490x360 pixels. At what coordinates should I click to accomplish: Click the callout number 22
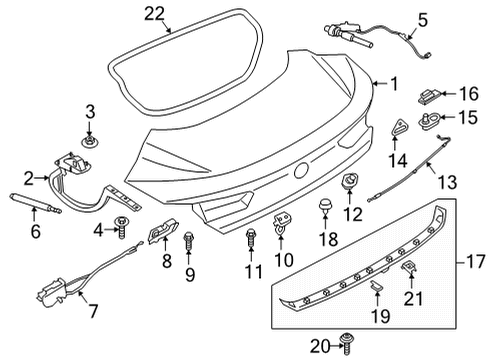(154, 14)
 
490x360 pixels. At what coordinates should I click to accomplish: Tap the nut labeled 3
(89, 142)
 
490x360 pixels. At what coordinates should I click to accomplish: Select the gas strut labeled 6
(36, 203)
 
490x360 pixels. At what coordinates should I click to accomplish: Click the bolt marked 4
(121, 227)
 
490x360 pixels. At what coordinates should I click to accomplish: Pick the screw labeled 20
(347, 344)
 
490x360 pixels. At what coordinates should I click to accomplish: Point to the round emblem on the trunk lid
(301, 170)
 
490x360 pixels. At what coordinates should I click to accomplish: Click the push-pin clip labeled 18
(325, 205)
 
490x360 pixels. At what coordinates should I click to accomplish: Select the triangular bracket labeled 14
(399, 127)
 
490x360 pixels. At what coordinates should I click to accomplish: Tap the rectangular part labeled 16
(430, 96)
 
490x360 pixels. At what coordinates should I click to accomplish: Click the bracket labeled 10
(282, 223)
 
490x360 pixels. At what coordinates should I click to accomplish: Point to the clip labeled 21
(410, 266)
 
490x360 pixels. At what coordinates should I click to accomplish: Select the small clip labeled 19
(377, 285)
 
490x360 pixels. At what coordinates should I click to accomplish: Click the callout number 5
(422, 20)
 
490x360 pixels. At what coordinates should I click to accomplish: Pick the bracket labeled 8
(163, 230)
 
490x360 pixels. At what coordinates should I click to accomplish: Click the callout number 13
(447, 182)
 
